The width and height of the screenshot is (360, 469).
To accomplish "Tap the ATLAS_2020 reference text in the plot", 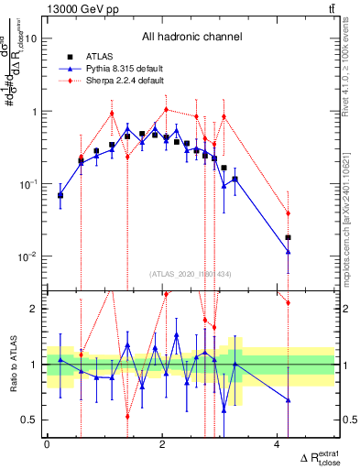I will click(191, 274).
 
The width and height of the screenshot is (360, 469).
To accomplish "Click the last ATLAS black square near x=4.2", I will click(289, 237).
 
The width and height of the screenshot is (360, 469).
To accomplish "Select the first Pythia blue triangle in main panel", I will click(60, 194).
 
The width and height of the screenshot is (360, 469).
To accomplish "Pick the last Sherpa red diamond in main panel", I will click(289, 213).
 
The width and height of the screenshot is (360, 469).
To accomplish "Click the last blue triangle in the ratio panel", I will click(289, 399).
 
